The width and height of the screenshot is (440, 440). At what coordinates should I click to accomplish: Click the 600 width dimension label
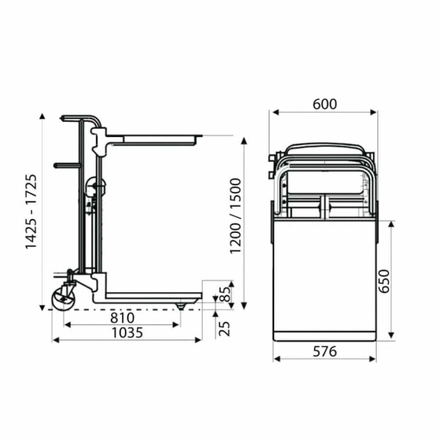coord(325,104)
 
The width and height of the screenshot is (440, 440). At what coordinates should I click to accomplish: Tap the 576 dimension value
coord(325,351)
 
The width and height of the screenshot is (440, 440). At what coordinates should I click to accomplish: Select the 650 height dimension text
coord(384,281)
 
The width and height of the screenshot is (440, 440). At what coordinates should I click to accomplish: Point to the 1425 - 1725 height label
coord(31,211)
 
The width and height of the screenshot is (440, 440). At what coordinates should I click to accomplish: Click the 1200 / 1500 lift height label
coord(235,216)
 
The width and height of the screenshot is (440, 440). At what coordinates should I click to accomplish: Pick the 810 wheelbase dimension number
coord(123,318)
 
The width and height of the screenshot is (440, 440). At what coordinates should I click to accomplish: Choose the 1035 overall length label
coord(128,333)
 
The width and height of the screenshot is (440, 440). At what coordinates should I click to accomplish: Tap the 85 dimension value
coord(224,294)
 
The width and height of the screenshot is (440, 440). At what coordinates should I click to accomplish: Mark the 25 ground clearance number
coord(224,329)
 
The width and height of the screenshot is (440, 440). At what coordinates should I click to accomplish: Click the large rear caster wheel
coord(63,299)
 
